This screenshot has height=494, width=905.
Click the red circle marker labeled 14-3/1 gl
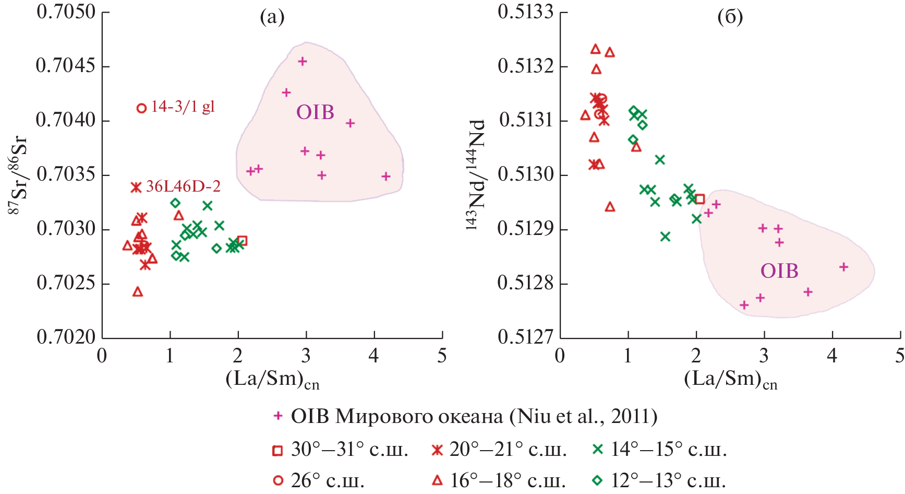141,108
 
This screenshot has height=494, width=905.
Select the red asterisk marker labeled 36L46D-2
136,187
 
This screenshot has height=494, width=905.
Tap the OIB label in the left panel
315,112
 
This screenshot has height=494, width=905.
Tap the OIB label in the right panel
779,270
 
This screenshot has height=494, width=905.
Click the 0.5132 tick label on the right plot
525,66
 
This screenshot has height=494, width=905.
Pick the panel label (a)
272,18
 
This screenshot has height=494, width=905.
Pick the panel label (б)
730,18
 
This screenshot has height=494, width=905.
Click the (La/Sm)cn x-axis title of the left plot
272,379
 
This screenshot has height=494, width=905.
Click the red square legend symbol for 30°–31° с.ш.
277,450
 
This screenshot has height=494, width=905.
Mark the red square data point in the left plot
242,241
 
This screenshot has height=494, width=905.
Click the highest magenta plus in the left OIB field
302,62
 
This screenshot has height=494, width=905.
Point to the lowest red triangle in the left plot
138,291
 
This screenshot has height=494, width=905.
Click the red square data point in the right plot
700,199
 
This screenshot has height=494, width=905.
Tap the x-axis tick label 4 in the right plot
832,356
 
